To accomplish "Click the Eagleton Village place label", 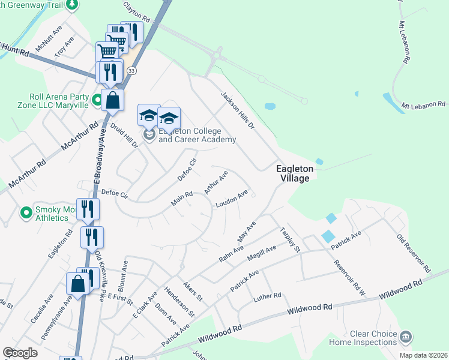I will tap(293, 173).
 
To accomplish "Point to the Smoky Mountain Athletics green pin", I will tap(26, 212).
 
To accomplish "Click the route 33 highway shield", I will tap(131, 71).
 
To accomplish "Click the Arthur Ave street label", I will tap(216, 182).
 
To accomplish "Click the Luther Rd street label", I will tap(267, 296).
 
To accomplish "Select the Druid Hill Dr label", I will tap(125, 136).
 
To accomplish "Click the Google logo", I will tap(20, 353).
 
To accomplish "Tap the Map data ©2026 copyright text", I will tap(423, 355).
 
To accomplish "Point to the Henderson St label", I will tap(183, 303).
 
